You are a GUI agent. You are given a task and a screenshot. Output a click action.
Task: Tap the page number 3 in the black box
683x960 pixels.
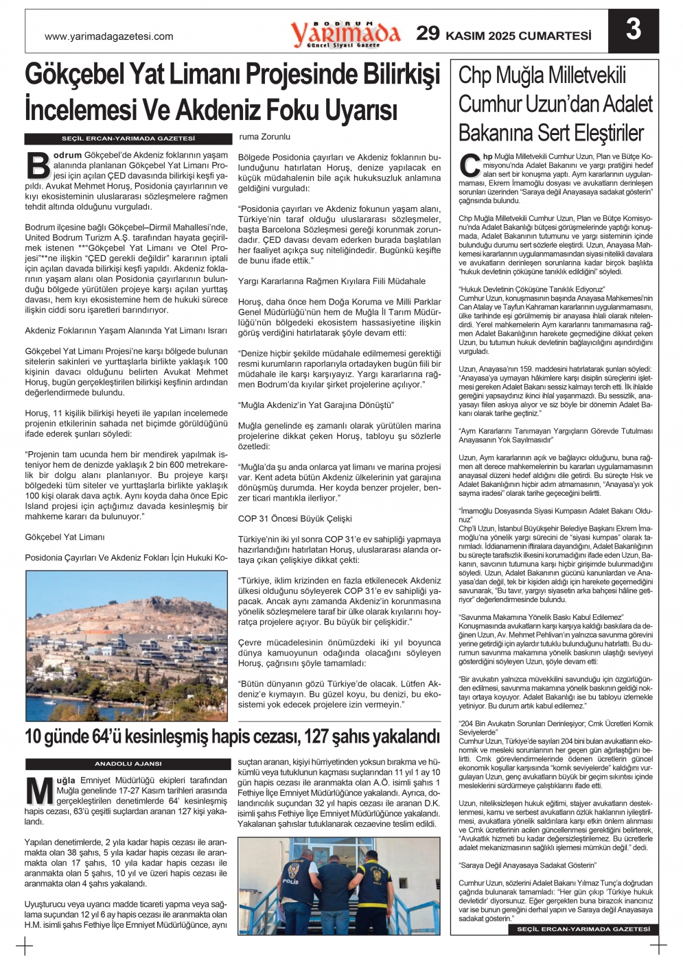point(633,29)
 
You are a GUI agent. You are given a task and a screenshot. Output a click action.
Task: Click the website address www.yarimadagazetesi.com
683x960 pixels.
point(108,37)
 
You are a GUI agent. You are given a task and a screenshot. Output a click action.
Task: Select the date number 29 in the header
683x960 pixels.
point(428,34)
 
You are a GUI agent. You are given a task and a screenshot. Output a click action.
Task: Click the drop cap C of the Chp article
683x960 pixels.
point(470,165)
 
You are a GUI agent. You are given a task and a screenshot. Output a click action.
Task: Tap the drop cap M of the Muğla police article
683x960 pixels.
point(39,791)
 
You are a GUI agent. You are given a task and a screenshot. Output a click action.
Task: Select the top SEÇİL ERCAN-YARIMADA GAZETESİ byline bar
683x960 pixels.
point(128,139)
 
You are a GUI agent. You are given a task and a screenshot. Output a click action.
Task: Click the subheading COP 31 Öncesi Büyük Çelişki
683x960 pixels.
point(294,518)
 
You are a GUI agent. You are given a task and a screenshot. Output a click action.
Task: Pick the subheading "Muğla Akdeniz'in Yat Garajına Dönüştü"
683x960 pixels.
point(316,405)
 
